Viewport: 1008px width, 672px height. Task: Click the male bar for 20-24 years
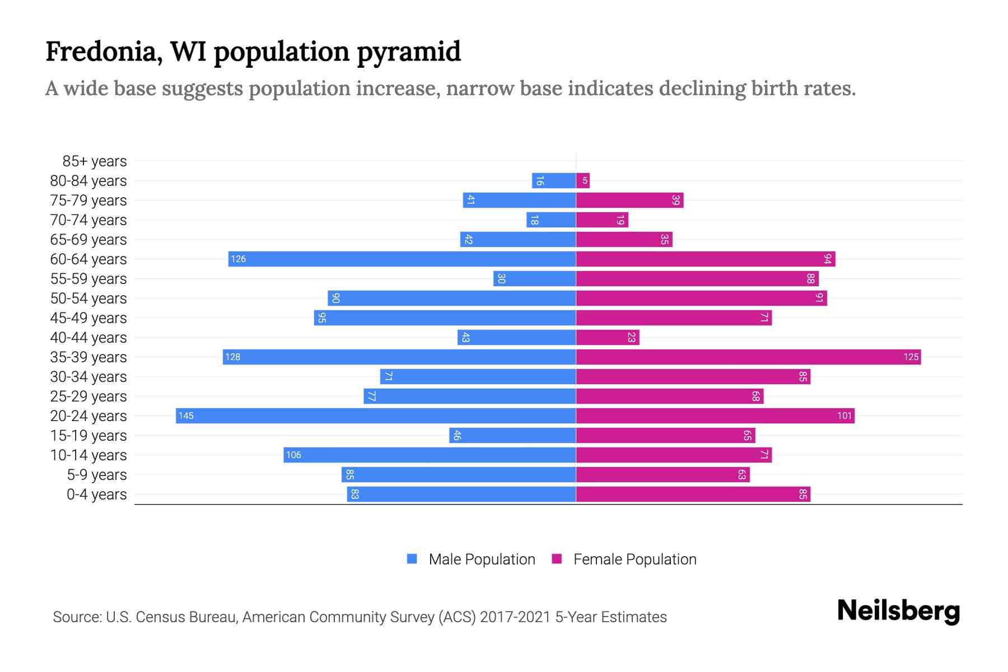pyautogui.click(x=376, y=416)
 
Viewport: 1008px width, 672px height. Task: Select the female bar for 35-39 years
pyautogui.click(x=748, y=357)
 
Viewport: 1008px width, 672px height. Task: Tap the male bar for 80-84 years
pyautogui.click(x=554, y=181)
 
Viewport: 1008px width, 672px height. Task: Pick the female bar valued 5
pyautogui.click(x=583, y=181)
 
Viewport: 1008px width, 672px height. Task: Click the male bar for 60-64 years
pyautogui.click(x=402, y=259)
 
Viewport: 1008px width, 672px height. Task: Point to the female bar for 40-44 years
pyautogui.click(x=608, y=338)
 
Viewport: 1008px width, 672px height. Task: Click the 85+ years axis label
pyautogui.click(x=95, y=161)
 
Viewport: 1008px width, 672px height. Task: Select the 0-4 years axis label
pyautogui.click(x=96, y=494)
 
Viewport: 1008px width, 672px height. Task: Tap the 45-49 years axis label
pyautogui.click(x=88, y=318)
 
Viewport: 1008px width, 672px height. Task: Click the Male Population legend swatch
pyautogui.click(x=412, y=559)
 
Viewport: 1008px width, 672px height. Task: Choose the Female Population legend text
pyautogui.click(x=634, y=559)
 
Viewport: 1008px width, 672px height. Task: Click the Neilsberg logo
pyautogui.click(x=898, y=611)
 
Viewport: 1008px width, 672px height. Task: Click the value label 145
pyautogui.click(x=186, y=416)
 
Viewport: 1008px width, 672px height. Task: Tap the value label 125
pyautogui.click(x=911, y=357)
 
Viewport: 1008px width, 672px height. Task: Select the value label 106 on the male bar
pyautogui.click(x=293, y=455)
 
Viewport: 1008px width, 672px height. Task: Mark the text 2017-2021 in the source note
pyautogui.click(x=515, y=617)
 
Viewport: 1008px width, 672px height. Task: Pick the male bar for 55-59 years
pyautogui.click(x=534, y=279)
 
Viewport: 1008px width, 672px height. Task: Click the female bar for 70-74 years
pyautogui.click(x=602, y=220)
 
